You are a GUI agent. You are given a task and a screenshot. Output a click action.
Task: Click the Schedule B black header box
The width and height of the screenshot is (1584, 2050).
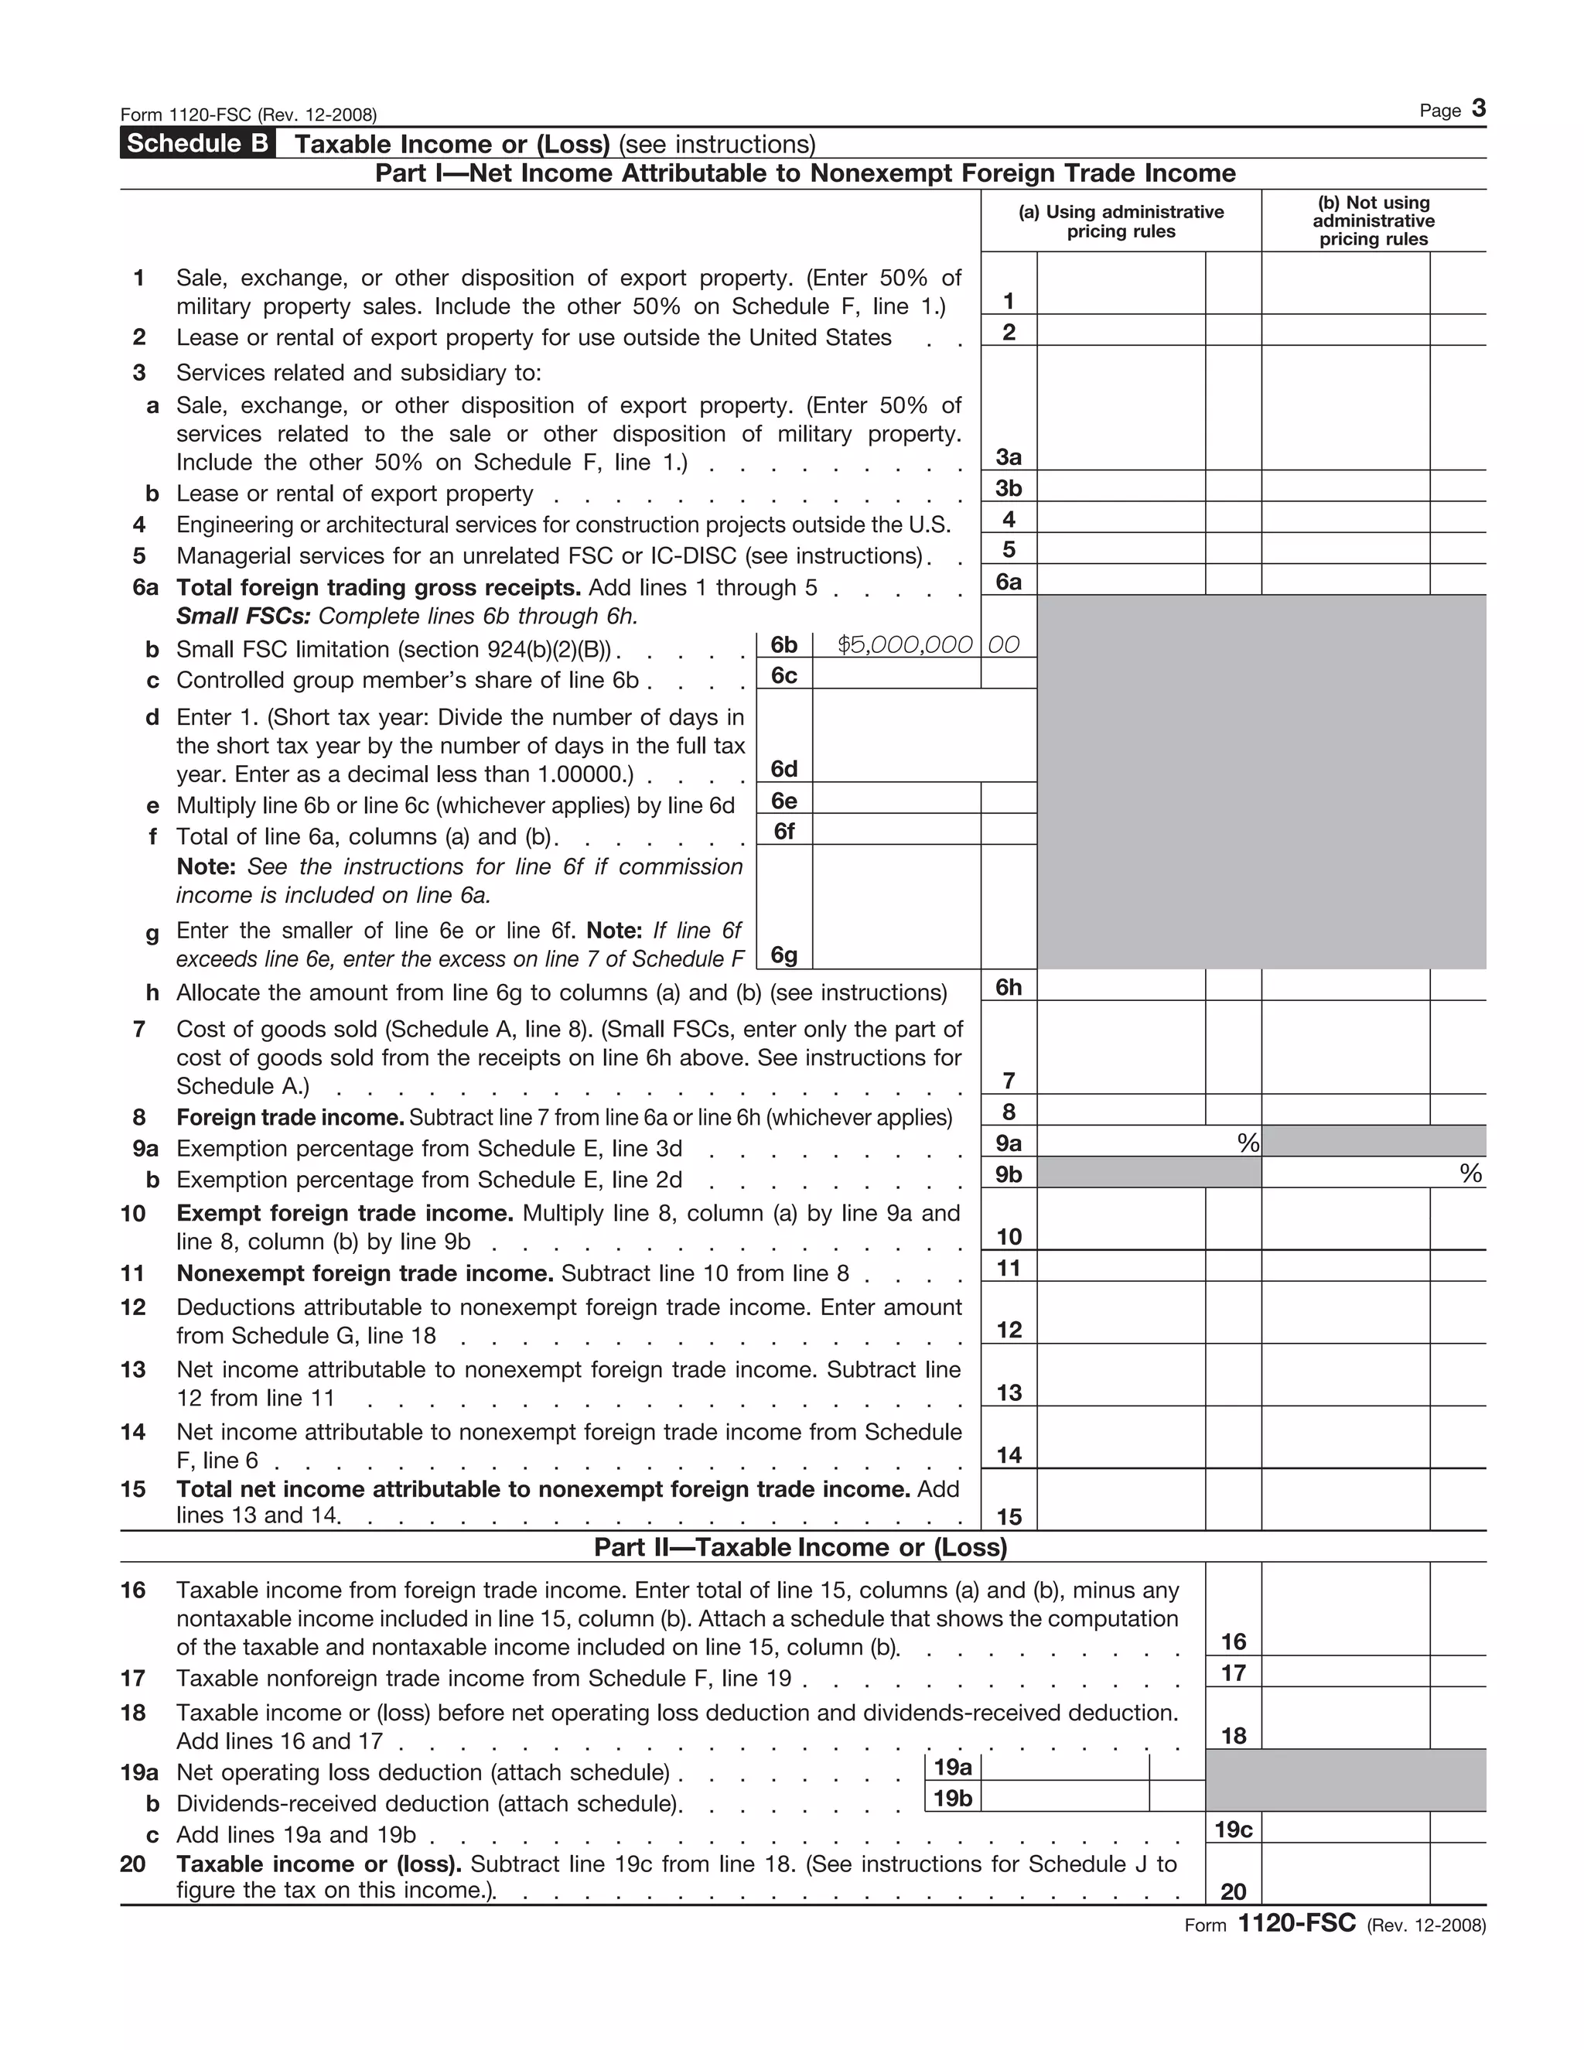[197, 144]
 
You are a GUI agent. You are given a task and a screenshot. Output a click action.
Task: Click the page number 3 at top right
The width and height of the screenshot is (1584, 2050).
[1478, 109]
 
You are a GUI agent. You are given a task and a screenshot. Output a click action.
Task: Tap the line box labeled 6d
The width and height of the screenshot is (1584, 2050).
[783, 769]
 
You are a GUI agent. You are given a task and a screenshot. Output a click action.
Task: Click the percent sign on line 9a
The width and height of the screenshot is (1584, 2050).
[1247, 1143]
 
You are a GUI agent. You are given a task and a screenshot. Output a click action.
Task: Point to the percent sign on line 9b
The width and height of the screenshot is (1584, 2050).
[1470, 1174]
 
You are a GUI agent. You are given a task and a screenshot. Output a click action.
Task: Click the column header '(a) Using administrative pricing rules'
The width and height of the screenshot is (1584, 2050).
[1121, 221]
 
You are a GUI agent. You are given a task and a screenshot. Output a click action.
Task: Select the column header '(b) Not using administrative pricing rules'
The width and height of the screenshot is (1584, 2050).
[1373, 220]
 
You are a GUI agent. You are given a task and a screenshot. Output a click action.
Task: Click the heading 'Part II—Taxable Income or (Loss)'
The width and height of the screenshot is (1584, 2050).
[801, 1547]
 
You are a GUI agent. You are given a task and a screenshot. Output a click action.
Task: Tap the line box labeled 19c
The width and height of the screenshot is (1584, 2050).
[1233, 1830]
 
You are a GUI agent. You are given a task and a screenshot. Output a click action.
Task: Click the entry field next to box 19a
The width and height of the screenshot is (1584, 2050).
[1064, 1768]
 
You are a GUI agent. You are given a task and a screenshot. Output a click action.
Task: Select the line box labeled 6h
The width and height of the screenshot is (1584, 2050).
[1009, 986]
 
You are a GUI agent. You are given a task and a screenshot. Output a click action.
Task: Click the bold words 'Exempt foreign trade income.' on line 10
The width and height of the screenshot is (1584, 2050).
[344, 1213]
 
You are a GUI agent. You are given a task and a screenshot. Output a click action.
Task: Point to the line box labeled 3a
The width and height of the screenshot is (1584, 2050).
[1009, 457]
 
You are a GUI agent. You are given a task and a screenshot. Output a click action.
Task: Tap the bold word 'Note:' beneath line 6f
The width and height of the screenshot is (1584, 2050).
[206, 866]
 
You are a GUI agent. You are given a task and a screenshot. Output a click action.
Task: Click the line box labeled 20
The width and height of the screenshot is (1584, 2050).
[1233, 1891]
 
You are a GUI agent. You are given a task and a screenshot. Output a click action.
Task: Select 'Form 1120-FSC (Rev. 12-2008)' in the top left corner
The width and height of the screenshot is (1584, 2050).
[249, 115]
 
